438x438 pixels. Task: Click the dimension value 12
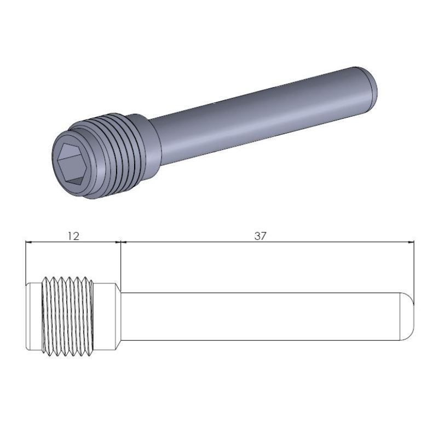click(x=73, y=236)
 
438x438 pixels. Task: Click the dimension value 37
click(x=261, y=236)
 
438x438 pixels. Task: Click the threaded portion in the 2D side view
click(x=68, y=316)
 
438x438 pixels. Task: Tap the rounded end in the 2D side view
click(x=408, y=316)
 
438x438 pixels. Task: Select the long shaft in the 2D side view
click(x=263, y=316)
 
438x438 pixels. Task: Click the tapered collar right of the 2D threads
click(x=107, y=316)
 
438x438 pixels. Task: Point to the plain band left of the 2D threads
click(x=34, y=316)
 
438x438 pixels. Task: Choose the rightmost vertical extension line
click(x=414, y=268)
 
